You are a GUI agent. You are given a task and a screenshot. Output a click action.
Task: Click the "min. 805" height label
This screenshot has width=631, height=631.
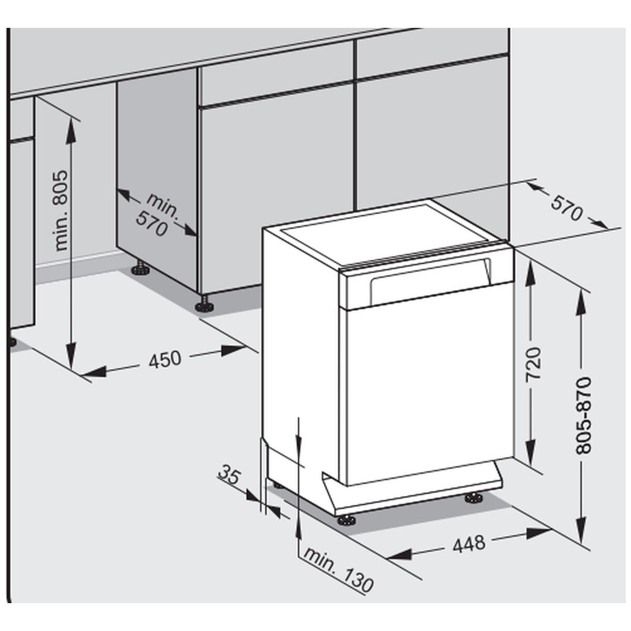click(x=61, y=211)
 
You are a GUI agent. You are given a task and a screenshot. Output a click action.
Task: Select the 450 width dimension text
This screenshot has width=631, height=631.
click(x=165, y=359)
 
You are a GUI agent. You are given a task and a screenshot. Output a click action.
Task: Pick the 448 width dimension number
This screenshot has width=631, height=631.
click(x=469, y=544)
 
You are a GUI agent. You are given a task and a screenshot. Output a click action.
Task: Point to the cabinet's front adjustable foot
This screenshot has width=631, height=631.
click(x=205, y=304)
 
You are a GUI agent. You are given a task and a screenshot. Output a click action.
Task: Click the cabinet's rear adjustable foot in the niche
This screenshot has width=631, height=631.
click(x=141, y=268)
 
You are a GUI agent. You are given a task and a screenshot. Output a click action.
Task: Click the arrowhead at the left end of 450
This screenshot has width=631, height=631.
click(x=93, y=372)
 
